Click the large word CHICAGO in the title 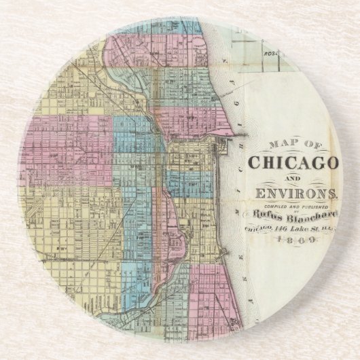pos(293,164)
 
